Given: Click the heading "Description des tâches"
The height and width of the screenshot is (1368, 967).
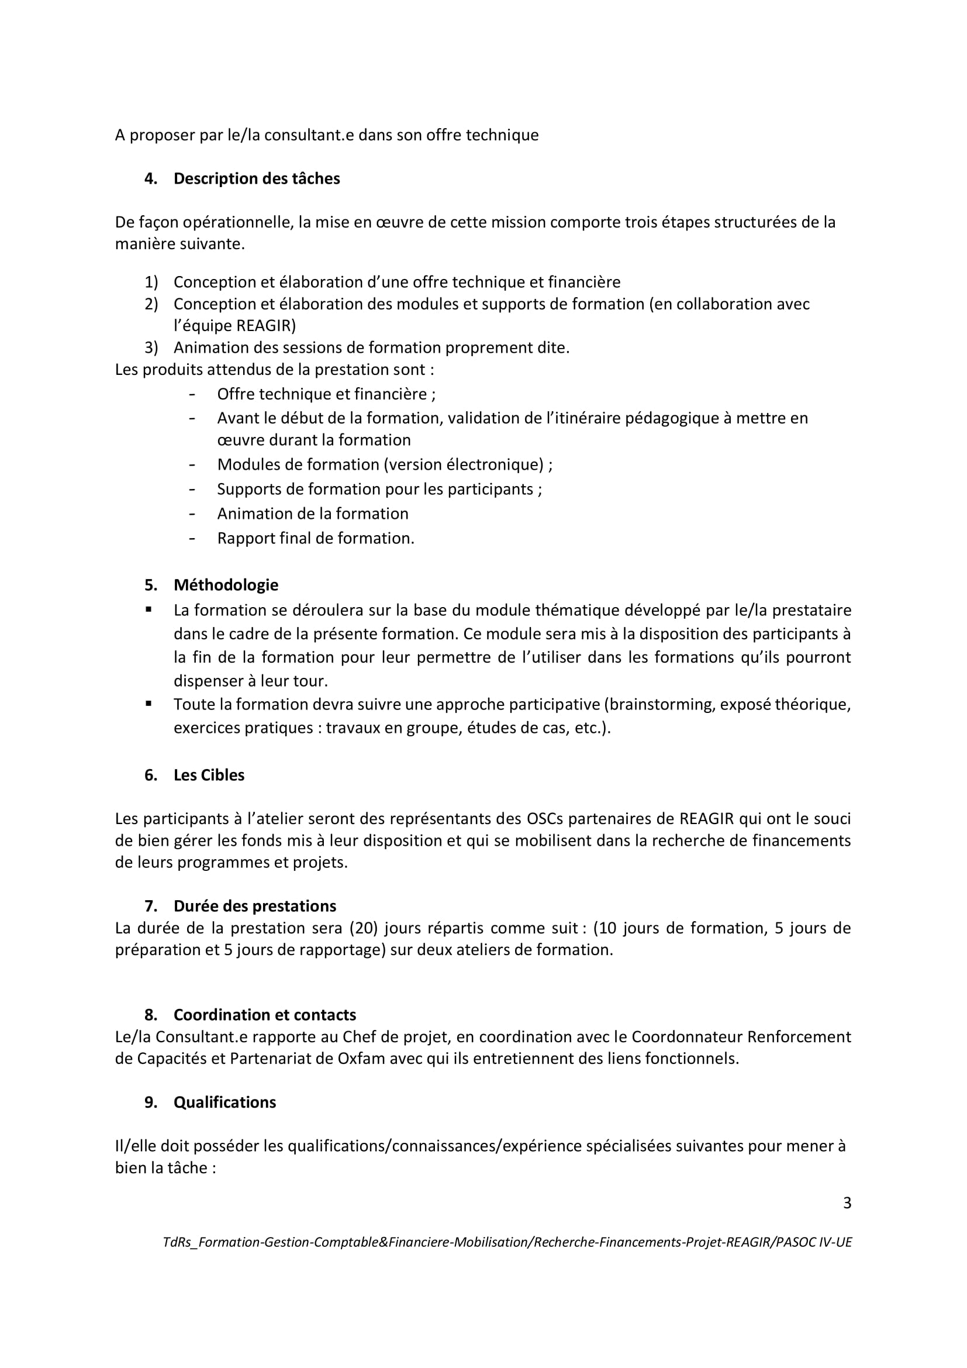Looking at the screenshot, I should coord(257,179).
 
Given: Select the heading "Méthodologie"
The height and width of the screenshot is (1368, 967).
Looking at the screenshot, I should coord(226,584).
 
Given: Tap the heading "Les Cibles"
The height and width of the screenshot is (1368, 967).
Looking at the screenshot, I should coord(209,774).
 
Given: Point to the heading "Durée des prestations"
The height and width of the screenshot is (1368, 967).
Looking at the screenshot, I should coord(255,905).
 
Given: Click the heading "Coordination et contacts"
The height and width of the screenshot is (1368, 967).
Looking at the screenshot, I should coord(264,1015).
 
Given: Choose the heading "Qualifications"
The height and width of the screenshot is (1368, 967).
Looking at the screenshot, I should coord(225,1102).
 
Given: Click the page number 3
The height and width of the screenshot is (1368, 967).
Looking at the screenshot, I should coord(847,1203).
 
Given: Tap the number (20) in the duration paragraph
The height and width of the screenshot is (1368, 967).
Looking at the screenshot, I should coord(364,928).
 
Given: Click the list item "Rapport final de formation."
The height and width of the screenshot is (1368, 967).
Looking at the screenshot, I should coord(316,538).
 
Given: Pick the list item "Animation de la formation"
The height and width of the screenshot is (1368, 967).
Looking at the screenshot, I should coord(313,514).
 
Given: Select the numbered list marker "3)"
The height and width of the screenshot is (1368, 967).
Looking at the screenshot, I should coord(151,347).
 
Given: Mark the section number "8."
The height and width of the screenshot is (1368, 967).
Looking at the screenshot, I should coord(151,1015).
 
